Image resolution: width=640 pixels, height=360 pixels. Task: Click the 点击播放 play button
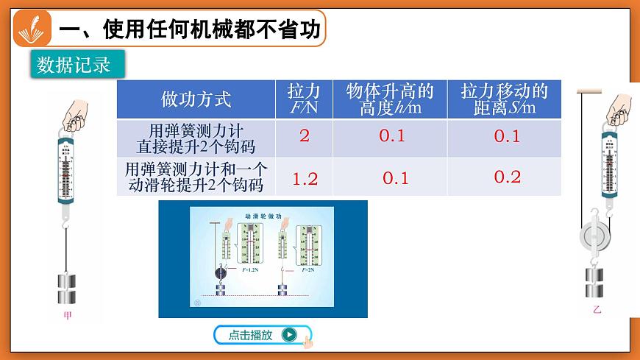(x=262, y=335)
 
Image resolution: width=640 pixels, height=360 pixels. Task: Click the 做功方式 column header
(x=196, y=99)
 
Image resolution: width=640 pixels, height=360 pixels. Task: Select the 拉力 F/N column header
(x=304, y=99)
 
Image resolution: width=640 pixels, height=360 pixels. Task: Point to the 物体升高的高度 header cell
(x=390, y=99)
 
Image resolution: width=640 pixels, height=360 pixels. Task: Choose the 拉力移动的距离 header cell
(x=505, y=99)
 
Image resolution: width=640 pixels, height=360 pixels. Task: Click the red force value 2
(x=304, y=136)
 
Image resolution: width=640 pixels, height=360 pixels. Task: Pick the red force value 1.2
(x=305, y=178)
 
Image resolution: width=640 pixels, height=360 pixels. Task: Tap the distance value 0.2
(x=507, y=177)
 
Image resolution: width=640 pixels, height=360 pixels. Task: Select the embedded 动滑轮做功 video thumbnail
(x=262, y=260)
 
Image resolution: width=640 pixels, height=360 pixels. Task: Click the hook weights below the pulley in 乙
(x=594, y=283)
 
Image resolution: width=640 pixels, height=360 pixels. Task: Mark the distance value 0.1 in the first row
(x=507, y=136)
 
